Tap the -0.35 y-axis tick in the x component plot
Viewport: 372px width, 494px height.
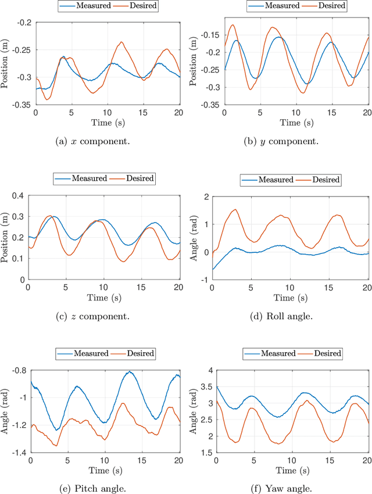pyautogui.click(x=23, y=106)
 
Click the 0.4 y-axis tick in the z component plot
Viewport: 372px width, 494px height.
pyautogui.click(x=26, y=196)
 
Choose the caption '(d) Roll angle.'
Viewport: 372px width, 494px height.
pyautogui.click(x=289, y=316)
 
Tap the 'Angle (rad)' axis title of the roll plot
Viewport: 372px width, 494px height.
pyautogui.click(x=193, y=237)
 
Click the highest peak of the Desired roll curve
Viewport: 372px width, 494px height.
pyautogui.click(x=235, y=210)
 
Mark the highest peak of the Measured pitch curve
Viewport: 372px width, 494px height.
pyautogui.click(x=130, y=371)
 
